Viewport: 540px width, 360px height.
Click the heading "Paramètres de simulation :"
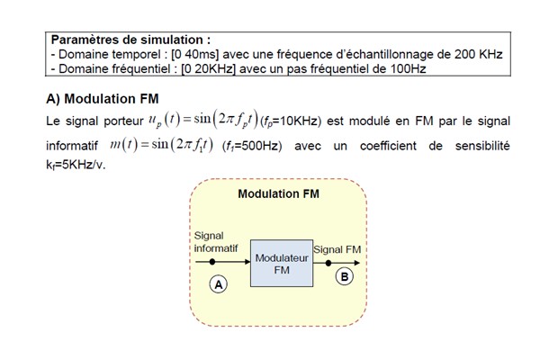[130, 40]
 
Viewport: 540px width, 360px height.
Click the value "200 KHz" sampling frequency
[476, 54]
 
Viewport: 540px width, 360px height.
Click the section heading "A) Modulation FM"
[103, 98]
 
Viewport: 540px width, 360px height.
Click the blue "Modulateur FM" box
[281, 263]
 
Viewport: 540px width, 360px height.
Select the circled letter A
[217, 283]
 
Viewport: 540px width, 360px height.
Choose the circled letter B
[345, 277]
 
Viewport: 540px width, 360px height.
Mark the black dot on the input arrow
[212, 262]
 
